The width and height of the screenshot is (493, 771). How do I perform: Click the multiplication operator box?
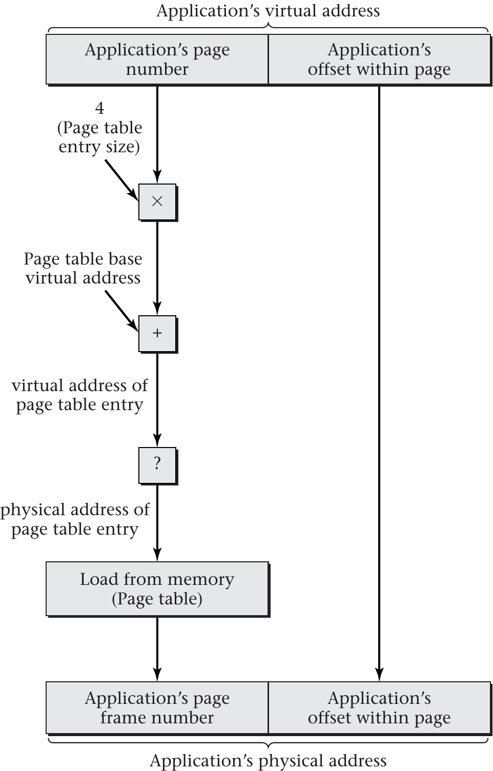pos(157,202)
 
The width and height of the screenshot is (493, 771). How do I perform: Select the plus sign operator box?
pos(157,334)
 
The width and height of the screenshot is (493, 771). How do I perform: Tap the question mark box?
pos(157,465)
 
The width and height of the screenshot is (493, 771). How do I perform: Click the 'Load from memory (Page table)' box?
pos(157,589)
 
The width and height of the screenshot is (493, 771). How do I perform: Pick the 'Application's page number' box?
pos(157,59)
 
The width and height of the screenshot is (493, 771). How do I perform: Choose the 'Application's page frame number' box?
pos(157,707)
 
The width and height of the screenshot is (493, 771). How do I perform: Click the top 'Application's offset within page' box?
pos(379,59)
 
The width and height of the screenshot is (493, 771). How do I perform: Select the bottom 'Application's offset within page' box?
pos(379,707)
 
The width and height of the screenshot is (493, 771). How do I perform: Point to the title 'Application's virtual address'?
pos(268,11)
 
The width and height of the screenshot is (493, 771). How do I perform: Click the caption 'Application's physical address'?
pos(268,761)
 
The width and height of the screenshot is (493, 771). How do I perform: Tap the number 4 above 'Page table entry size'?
pos(99,108)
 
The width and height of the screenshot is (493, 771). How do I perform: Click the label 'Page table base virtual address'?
pos(83,268)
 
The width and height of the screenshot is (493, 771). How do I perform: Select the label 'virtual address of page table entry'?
pos(80,395)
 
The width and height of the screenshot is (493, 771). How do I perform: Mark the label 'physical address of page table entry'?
pos(75,519)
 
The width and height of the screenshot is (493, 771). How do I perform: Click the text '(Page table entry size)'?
pos(99,137)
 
